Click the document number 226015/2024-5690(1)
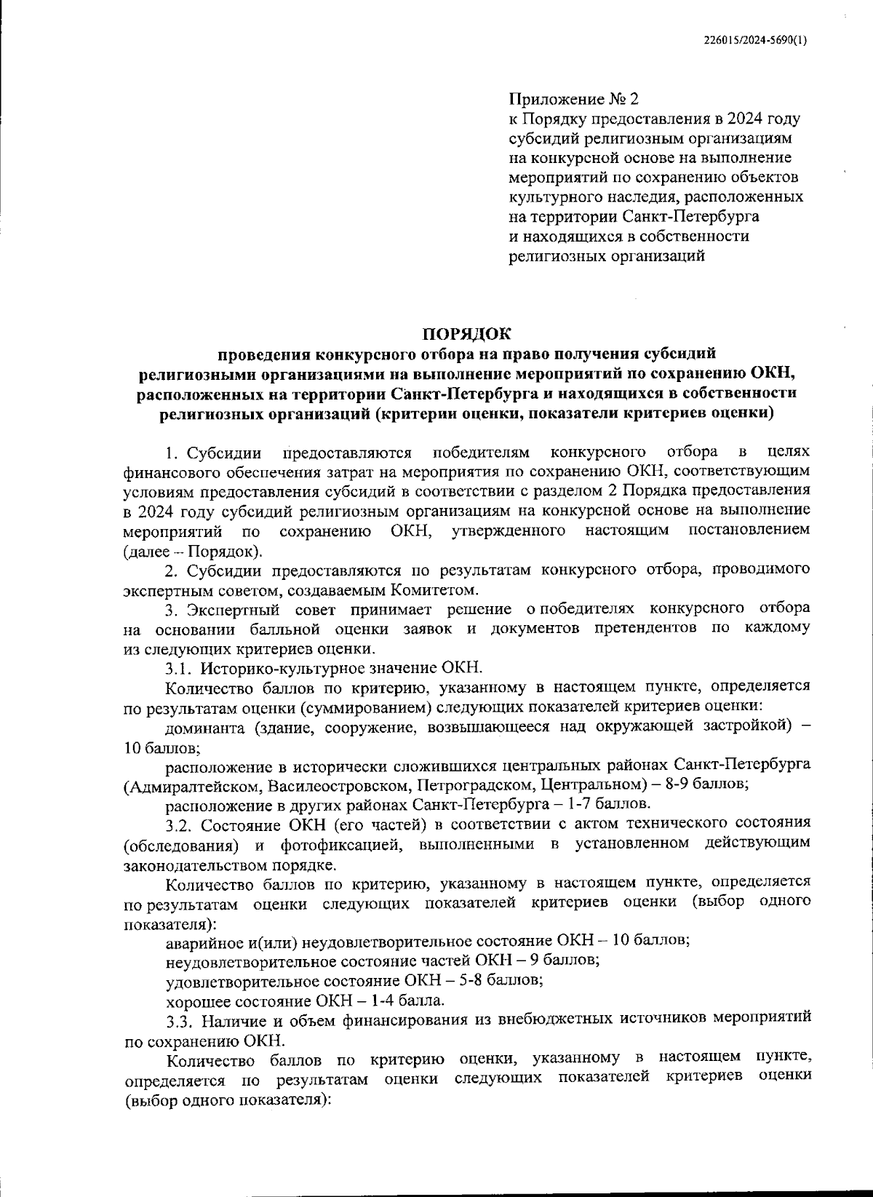pos(756,41)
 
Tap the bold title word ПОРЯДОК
pos(467,334)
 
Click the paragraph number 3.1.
pos(178,667)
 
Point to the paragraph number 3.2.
pos(178,824)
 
